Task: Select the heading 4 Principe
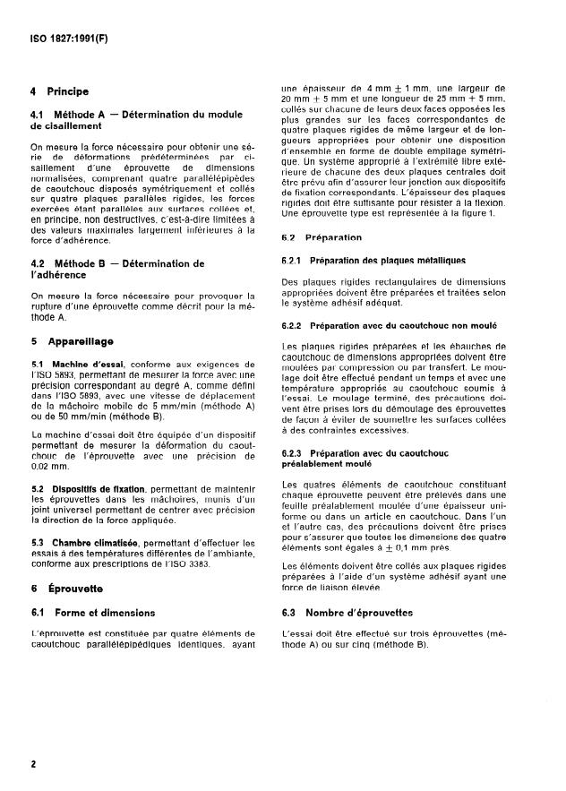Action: coord(60,91)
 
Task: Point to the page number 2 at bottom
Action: coord(33,764)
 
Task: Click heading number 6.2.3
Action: coord(295,454)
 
